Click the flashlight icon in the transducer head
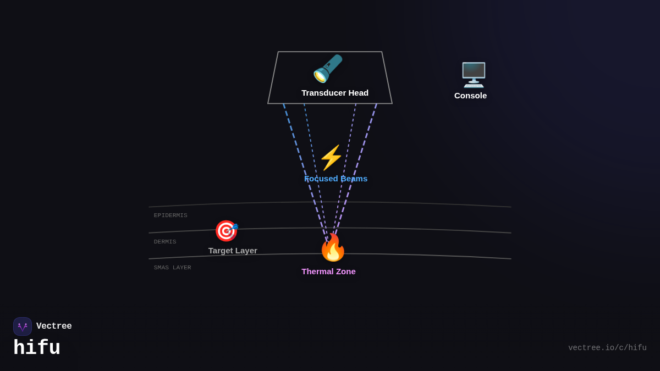pyautogui.click(x=328, y=69)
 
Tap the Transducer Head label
pyautogui.click(x=335, y=93)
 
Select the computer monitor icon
pyautogui.click(x=473, y=75)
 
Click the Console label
pyautogui.click(x=470, y=96)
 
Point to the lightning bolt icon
pyautogui.click(x=331, y=158)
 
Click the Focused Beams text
pyautogui.click(x=335, y=179)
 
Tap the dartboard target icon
pyautogui.click(x=226, y=231)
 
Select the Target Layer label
pyautogui.click(x=233, y=251)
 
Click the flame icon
pyautogui.click(x=333, y=248)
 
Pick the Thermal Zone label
pyautogui.click(x=328, y=272)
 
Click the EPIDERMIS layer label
pyautogui.click(x=170, y=215)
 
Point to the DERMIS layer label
pyautogui.click(x=165, y=242)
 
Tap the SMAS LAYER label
pyautogui.click(x=172, y=268)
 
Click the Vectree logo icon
pyautogui.click(x=23, y=326)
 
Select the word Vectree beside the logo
pyautogui.click(x=54, y=326)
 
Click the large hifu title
pyautogui.click(x=37, y=348)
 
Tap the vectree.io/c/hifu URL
pyautogui.click(x=607, y=348)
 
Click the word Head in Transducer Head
pyautogui.click(x=358, y=93)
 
